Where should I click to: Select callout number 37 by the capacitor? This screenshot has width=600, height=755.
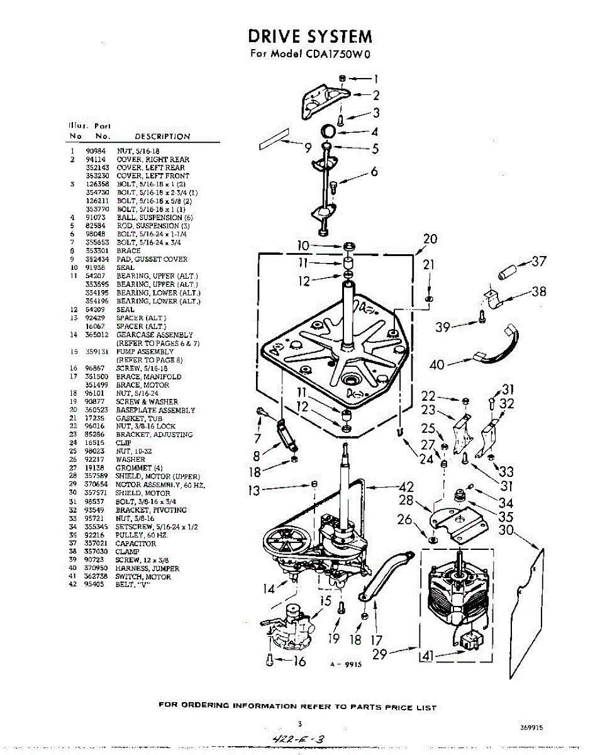point(539,261)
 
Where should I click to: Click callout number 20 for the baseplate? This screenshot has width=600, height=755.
point(430,238)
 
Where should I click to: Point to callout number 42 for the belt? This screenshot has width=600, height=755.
point(407,486)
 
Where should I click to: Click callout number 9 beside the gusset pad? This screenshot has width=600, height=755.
point(308,148)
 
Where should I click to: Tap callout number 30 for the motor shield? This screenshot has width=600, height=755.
point(506,530)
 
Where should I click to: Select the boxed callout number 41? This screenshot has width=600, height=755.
point(427,656)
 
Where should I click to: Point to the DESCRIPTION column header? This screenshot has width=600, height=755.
point(162,137)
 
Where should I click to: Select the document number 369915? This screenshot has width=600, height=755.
point(531,727)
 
